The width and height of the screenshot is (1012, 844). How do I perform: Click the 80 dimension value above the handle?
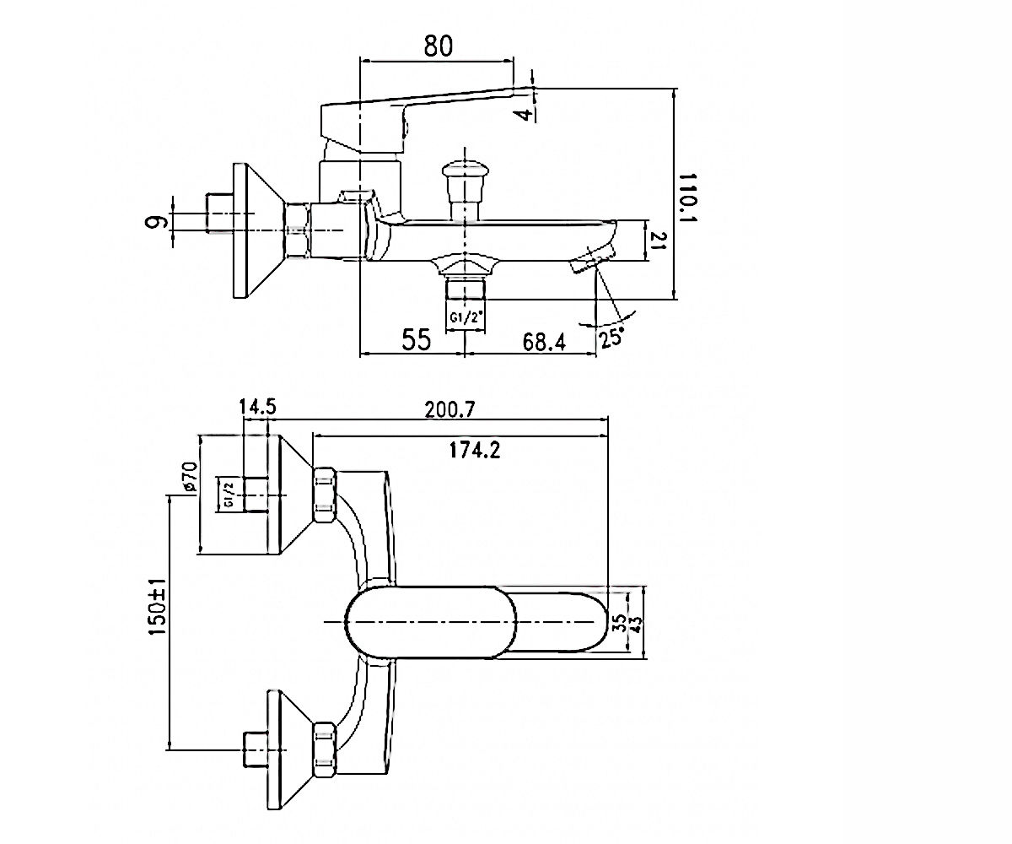tap(439, 46)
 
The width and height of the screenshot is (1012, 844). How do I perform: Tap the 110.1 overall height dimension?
tap(686, 197)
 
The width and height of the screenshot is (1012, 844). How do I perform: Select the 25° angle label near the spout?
tap(611, 337)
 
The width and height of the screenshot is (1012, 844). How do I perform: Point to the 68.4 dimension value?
tap(544, 343)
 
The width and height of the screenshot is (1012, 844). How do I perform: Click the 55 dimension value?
tap(417, 339)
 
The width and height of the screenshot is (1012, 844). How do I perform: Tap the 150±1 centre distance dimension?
tap(158, 606)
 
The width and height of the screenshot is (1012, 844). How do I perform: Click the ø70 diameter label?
tap(191, 478)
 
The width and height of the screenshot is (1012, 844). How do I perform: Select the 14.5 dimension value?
tap(258, 407)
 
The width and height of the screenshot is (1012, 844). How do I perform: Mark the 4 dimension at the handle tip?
tap(525, 115)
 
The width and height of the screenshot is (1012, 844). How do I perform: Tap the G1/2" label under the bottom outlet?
tap(465, 318)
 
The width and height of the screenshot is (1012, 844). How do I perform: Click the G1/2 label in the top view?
tap(229, 495)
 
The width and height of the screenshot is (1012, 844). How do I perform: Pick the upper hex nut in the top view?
tap(325, 495)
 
